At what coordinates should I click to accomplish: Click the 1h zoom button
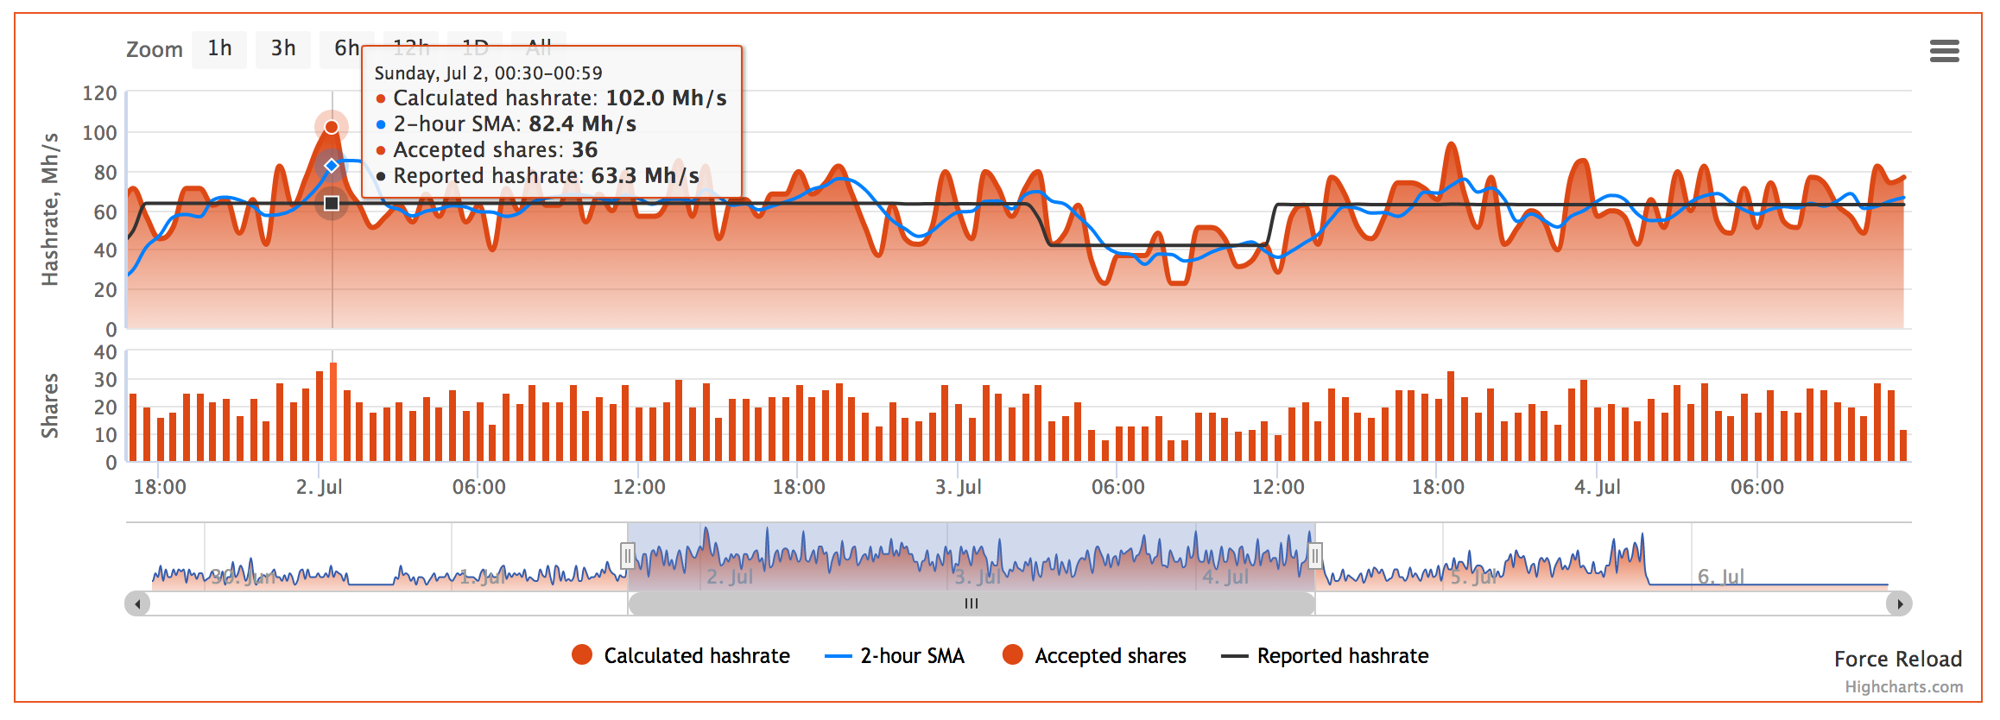tap(219, 48)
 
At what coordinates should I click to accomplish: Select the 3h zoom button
tap(283, 48)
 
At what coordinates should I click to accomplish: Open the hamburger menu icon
tap(1944, 52)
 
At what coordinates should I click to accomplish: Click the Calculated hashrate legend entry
tap(680, 656)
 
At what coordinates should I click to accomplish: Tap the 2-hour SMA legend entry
tap(895, 656)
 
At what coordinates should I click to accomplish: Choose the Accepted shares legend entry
tap(1094, 656)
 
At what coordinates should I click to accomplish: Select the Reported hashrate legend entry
tap(1325, 656)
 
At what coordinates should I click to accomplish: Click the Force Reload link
tap(1897, 660)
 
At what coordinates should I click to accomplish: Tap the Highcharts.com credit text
tap(1903, 687)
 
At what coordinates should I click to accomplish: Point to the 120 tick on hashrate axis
tap(99, 93)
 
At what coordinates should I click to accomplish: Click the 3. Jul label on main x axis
tap(958, 487)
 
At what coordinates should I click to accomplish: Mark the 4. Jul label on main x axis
tap(1597, 487)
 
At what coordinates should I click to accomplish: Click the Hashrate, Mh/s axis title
tap(50, 209)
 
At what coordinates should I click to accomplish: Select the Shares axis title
tap(50, 406)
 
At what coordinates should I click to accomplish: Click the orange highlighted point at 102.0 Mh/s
tap(332, 128)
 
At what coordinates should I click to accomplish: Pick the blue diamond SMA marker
tap(332, 166)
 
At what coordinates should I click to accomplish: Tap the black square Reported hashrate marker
tap(332, 204)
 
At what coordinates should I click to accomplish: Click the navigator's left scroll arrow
tap(137, 603)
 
